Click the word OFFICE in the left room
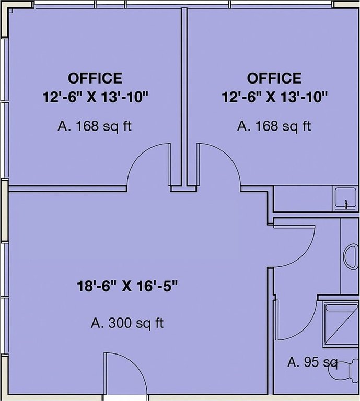coord(95,78)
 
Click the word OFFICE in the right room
coord(274,78)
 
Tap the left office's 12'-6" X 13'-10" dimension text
coord(96,97)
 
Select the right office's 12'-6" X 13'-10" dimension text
coord(275,97)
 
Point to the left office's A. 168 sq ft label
coord(93,126)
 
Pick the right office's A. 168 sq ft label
coord(274,126)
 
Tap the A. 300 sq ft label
coord(127,323)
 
